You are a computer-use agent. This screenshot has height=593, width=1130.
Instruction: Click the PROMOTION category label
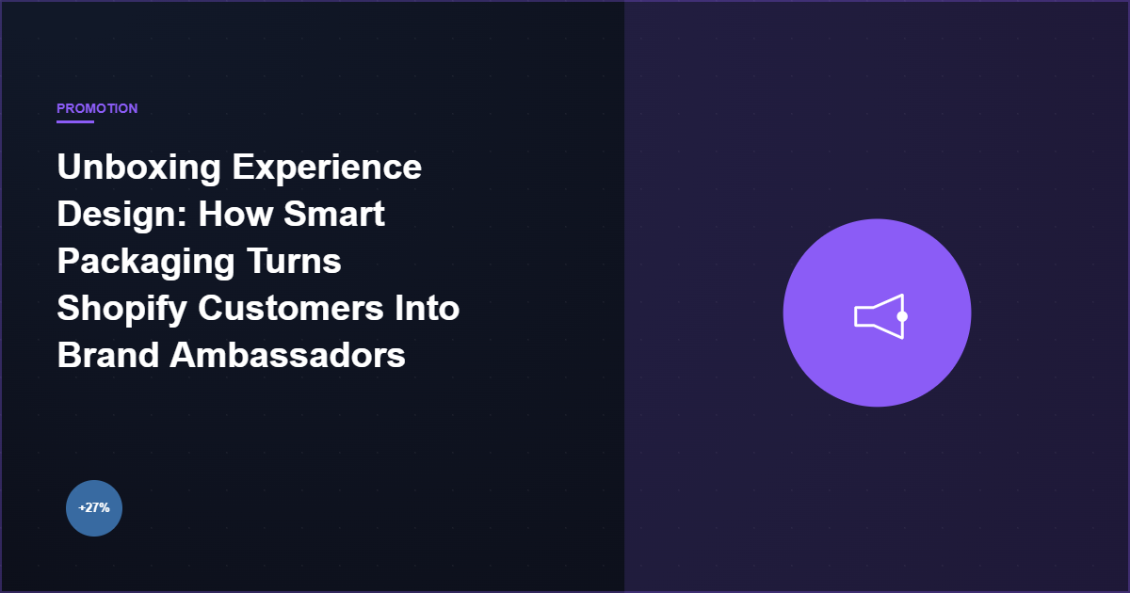[97, 108]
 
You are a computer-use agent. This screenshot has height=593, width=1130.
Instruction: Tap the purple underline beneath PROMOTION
[75, 121]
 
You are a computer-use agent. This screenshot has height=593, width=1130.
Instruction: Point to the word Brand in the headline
[108, 356]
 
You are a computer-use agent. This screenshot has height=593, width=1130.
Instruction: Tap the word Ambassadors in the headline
[288, 356]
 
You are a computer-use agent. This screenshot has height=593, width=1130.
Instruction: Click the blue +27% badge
[94, 508]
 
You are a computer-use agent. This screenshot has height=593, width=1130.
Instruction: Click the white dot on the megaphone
[902, 316]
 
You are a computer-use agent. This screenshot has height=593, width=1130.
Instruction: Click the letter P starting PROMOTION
[61, 108]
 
